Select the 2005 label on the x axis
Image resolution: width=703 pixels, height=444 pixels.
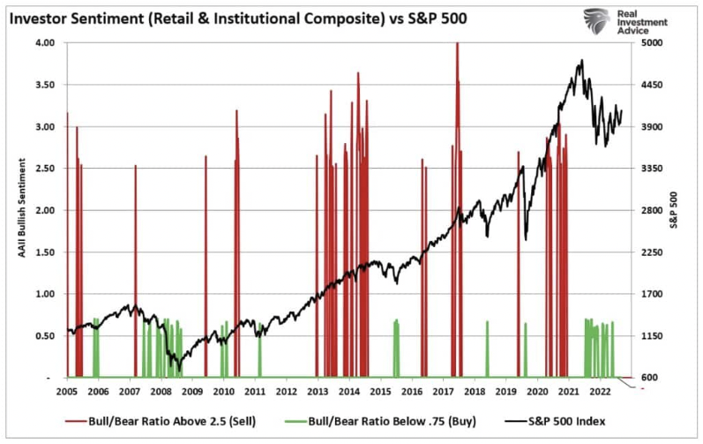tap(67, 391)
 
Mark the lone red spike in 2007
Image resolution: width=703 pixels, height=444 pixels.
tap(136, 265)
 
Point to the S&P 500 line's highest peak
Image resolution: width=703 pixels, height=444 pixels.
tap(581, 61)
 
